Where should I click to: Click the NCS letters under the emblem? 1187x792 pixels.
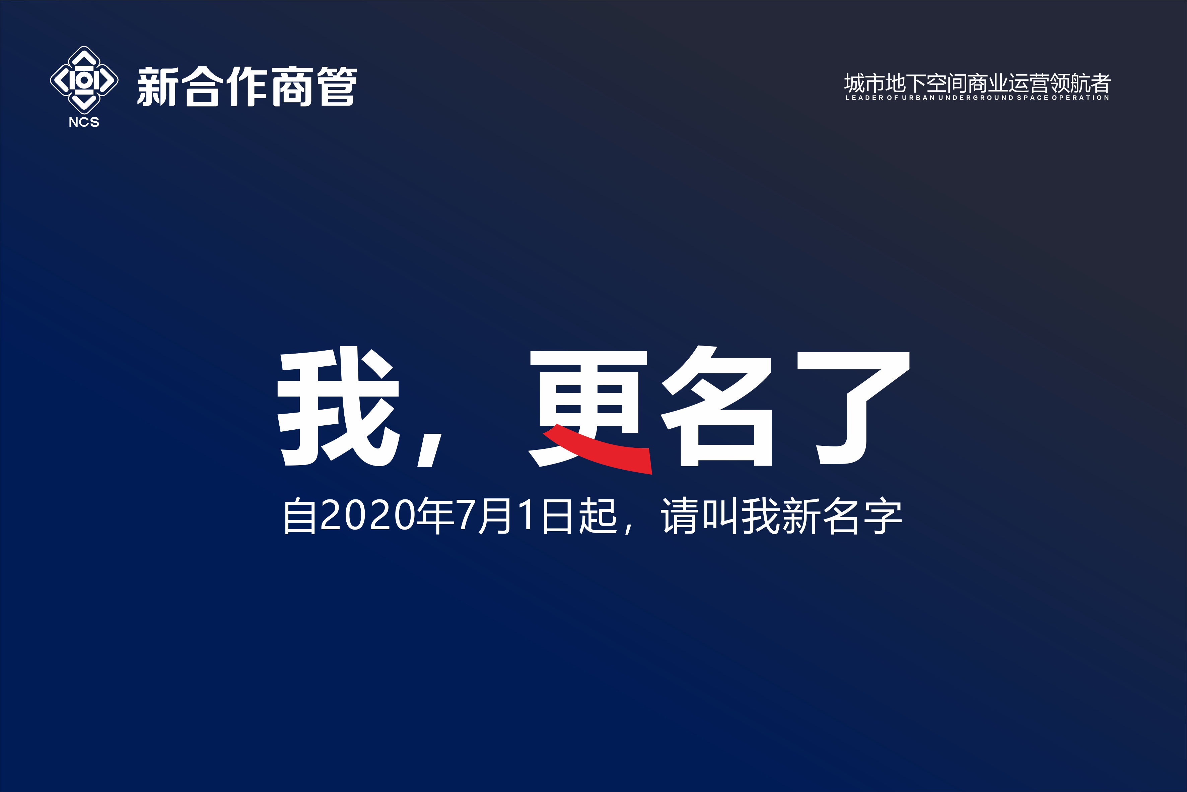pyautogui.click(x=84, y=122)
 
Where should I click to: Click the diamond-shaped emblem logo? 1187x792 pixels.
pyautogui.click(x=84, y=80)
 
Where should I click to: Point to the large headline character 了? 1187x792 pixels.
pyautogui.click(x=853, y=408)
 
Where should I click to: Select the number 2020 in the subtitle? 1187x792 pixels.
pyautogui.click(x=367, y=515)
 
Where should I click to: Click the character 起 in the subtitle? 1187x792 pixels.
pyautogui.click(x=598, y=515)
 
